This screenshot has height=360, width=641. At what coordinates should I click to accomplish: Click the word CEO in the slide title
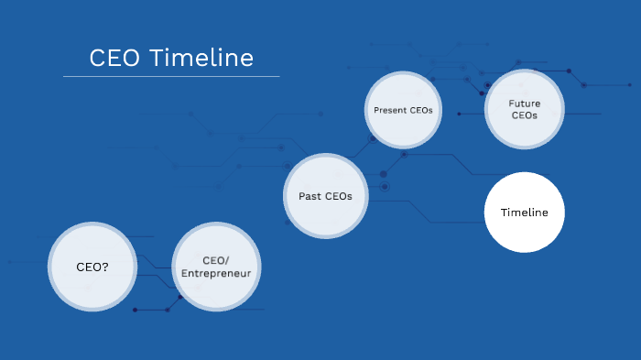point(115,58)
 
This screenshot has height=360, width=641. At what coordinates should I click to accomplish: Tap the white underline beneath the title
point(171,76)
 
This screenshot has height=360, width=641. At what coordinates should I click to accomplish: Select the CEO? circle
point(92,267)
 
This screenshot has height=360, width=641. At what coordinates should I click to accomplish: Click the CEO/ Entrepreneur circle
point(215,267)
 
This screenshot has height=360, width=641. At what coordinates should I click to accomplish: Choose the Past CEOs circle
point(325,195)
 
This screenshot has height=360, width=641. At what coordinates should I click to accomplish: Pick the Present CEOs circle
point(403,110)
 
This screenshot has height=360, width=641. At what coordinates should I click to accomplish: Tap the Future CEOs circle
point(524,110)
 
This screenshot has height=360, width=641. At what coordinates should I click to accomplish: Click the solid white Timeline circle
point(524,212)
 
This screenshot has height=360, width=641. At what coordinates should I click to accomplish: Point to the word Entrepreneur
point(215,273)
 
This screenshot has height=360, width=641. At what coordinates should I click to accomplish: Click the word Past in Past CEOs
point(310,196)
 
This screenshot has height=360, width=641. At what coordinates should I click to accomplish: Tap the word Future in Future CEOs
point(525,104)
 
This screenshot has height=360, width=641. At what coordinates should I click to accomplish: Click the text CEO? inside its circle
point(92,267)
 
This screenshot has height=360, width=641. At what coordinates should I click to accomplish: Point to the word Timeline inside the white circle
point(524,213)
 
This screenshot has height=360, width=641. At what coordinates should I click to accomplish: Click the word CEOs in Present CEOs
point(421,111)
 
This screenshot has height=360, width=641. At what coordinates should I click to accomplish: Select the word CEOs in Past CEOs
point(338,196)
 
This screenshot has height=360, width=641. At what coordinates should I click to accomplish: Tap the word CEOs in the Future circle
point(525,116)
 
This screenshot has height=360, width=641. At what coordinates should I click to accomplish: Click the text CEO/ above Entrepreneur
point(215,260)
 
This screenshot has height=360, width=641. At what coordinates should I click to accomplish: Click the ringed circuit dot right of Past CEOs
point(385,187)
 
